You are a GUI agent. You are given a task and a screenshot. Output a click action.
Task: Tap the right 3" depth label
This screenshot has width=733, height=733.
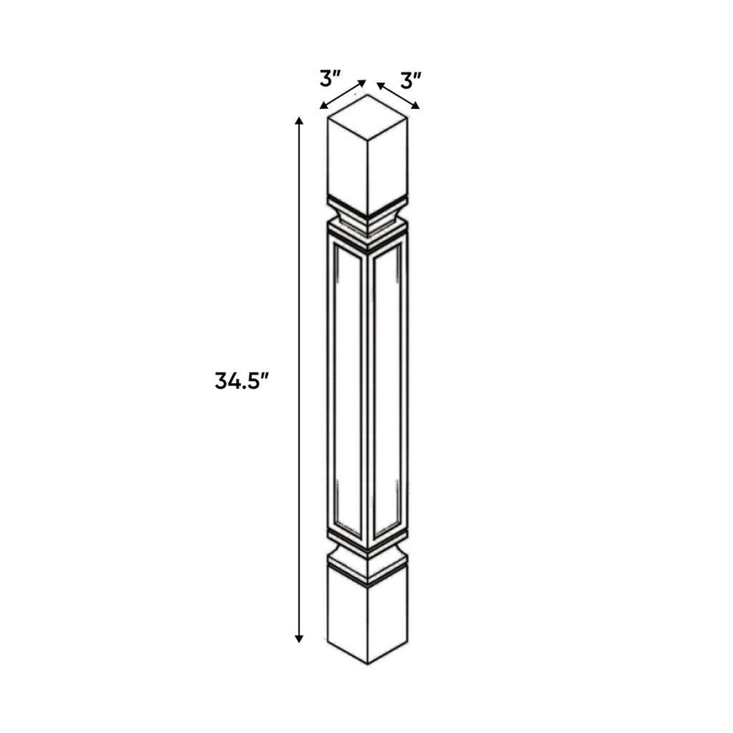(x=410, y=79)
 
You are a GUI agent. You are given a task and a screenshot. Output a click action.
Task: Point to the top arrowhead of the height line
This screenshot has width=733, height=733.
(x=299, y=120)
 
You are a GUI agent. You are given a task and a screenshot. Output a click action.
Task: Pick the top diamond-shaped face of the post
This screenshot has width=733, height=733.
(x=367, y=115)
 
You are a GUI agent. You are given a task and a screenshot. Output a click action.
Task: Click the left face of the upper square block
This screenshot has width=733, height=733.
(x=347, y=165)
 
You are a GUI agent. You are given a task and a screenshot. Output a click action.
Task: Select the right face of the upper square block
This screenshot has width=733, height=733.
(x=387, y=165)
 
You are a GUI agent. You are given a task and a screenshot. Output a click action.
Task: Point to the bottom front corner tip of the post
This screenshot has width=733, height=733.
(x=367, y=663)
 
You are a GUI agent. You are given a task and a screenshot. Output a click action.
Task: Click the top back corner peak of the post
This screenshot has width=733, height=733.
(x=368, y=95)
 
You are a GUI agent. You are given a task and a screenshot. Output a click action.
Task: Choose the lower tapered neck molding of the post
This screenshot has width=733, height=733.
(x=367, y=558)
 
